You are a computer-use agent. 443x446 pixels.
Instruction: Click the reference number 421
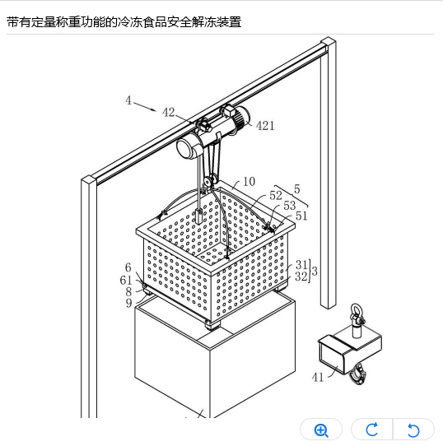click(265, 125)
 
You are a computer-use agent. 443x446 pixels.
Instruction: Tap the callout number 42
click(168, 113)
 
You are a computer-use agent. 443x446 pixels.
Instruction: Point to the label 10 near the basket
click(249, 182)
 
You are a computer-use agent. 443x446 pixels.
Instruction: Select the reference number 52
click(275, 195)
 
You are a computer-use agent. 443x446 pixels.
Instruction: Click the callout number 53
click(290, 206)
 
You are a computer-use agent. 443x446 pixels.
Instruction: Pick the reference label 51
click(301, 216)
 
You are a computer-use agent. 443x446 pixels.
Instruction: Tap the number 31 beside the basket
click(301, 264)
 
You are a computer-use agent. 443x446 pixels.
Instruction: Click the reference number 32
click(301, 276)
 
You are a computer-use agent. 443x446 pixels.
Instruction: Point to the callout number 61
click(126, 280)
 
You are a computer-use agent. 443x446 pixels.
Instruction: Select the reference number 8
click(128, 292)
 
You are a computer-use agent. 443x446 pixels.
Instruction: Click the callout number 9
click(129, 303)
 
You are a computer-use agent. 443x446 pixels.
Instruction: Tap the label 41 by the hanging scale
click(318, 378)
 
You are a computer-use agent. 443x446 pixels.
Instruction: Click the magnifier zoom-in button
click(321, 430)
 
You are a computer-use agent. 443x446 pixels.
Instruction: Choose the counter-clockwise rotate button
click(413, 430)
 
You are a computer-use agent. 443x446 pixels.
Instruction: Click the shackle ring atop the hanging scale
click(356, 309)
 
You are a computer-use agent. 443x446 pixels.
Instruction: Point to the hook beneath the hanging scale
click(358, 375)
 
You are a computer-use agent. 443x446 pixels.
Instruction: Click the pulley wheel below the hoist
click(211, 180)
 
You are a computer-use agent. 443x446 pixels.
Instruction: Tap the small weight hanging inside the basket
click(199, 216)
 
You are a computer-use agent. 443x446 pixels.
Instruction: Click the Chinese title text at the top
click(124, 22)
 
